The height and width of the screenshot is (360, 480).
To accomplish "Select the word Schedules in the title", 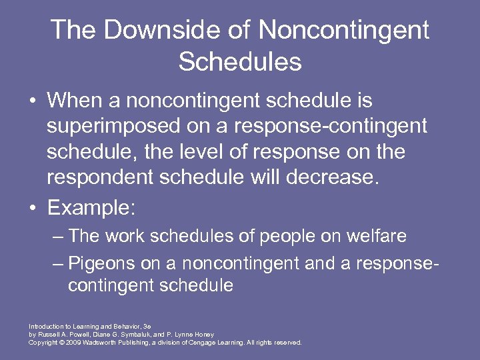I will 240,62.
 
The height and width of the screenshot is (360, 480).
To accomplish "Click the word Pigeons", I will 103,263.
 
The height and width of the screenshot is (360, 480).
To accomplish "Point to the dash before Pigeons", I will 59,263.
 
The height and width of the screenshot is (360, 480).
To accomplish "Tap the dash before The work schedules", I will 59,236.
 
